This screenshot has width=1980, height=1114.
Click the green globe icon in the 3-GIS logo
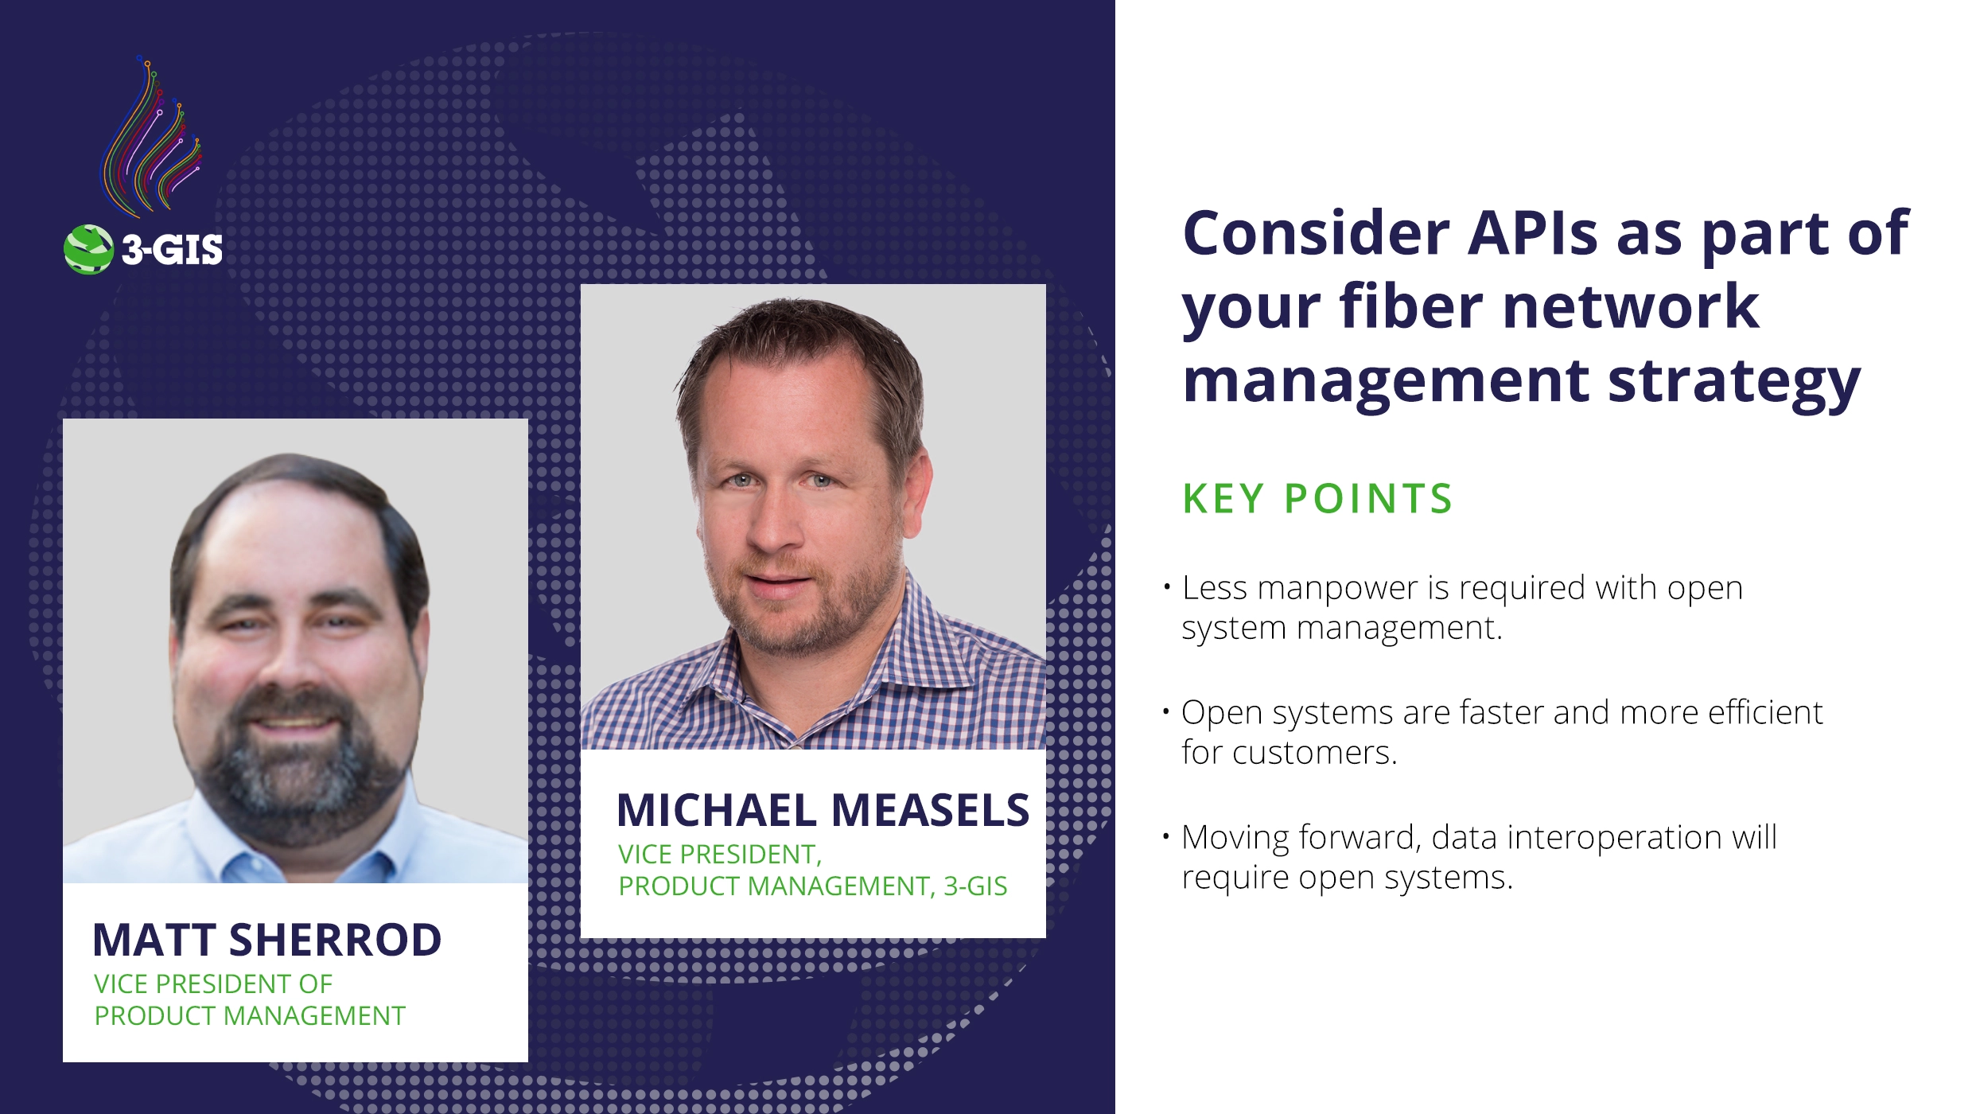[x=88, y=249]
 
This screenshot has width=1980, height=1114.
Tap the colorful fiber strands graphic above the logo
[x=151, y=139]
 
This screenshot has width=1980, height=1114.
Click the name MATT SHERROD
[x=266, y=940]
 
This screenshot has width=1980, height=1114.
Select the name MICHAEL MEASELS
[x=823, y=810]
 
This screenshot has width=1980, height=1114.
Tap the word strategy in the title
[x=1734, y=382]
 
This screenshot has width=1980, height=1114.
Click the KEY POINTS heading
[x=1317, y=499]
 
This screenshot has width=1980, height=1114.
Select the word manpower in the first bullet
[x=1338, y=588]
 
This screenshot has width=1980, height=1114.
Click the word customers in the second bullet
[x=1314, y=753]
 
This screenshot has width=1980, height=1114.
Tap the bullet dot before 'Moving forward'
[x=1166, y=836]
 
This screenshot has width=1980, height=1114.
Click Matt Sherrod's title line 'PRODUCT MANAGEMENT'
[x=250, y=1016]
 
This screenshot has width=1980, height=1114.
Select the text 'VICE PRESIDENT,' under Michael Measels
[x=720, y=855]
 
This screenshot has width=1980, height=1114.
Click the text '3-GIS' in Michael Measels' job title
[x=975, y=886]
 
